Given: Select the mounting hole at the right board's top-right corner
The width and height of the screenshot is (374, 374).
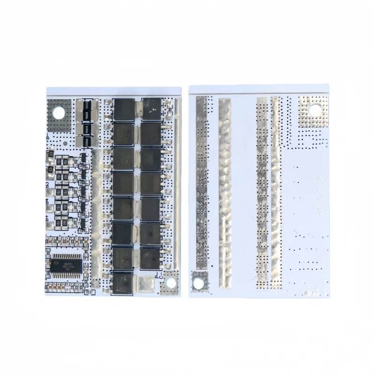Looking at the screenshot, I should tap(313, 109).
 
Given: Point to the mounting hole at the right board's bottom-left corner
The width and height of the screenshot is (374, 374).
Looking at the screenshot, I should tap(200, 282).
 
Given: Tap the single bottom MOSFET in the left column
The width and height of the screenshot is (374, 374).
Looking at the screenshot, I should tap(123, 280).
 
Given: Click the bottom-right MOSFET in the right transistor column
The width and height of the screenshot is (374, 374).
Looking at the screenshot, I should tap(151, 256).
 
